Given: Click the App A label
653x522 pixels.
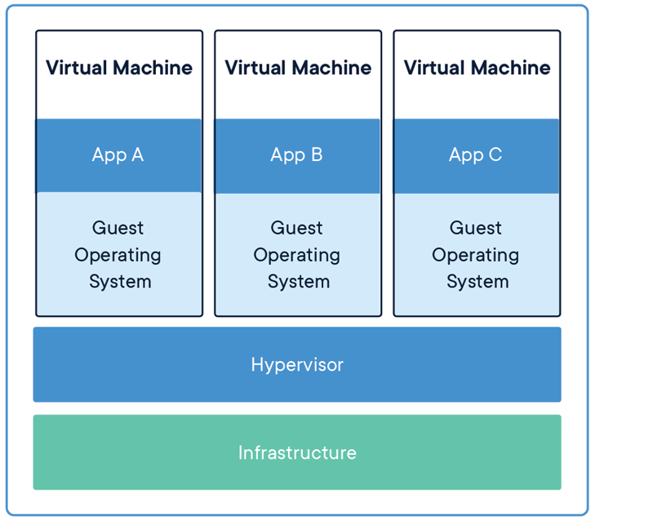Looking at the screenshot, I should pyautogui.click(x=118, y=155).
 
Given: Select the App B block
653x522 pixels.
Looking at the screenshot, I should pyautogui.click(x=297, y=155).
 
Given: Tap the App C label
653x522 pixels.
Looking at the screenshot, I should pyautogui.click(x=476, y=155).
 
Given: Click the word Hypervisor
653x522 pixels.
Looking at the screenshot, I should pyautogui.click(x=297, y=364).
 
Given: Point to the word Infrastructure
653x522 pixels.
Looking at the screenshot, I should pyautogui.click(x=297, y=453).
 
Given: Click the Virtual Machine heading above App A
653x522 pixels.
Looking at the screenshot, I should pyautogui.click(x=119, y=68).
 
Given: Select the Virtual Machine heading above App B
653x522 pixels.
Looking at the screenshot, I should pyautogui.click(x=298, y=68).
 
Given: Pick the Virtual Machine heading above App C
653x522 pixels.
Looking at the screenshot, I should pyautogui.click(x=477, y=68).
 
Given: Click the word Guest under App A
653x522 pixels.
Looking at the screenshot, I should pyautogui.click(x=118, y=228).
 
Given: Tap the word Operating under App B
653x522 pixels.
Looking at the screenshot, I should pyautogui.click(x=297, y=255).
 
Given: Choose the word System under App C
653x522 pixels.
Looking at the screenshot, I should pyautogui.click(x=477, y=282).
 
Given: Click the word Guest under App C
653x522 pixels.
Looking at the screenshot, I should pyautogui.click(x=476, y=228).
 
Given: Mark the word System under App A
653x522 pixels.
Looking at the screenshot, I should pyautogui.click(x=119, y=282).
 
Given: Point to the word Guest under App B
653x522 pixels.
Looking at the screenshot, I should pyautogui.click(x=297, y=228).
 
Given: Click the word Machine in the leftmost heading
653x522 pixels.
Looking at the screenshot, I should pyautogui.click(x=155, y=68).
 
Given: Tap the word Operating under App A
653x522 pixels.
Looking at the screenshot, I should pyautogui.click(x=118, y=255).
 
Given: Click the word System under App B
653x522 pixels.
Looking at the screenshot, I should pyautogui.click(x=298, y=282).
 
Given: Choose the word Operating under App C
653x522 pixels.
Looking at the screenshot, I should pyautogui.click(x=476, y=255).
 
